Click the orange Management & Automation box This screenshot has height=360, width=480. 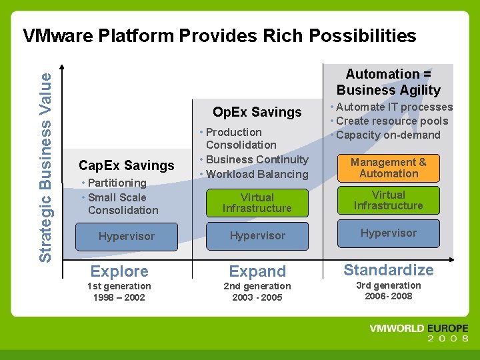tap(389, 168)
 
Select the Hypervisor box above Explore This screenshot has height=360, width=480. tap(126, 236)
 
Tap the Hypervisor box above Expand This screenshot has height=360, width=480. tap(257, 236)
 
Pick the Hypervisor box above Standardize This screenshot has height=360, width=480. tap(389, 233)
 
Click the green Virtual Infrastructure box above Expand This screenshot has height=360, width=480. tap(257, 203)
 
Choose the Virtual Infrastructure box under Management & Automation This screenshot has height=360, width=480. tap(389, 200)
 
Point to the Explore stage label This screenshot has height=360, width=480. tap(119, 271)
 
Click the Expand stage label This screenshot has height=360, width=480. tap(257, 271)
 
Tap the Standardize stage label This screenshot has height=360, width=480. tap(388, 270)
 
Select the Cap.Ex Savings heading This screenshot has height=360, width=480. tap(126, 165)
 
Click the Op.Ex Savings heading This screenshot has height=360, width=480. tap(257, 112)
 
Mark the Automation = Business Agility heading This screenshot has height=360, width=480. tap(389, 82)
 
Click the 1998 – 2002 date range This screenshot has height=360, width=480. tap(119, 297)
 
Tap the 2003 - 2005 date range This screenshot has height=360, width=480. tap(257, 297)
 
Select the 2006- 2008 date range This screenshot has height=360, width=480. tap(389, 296)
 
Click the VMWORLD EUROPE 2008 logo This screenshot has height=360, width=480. tap(419, 333)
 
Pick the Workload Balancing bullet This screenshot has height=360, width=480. tap(257, 174)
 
